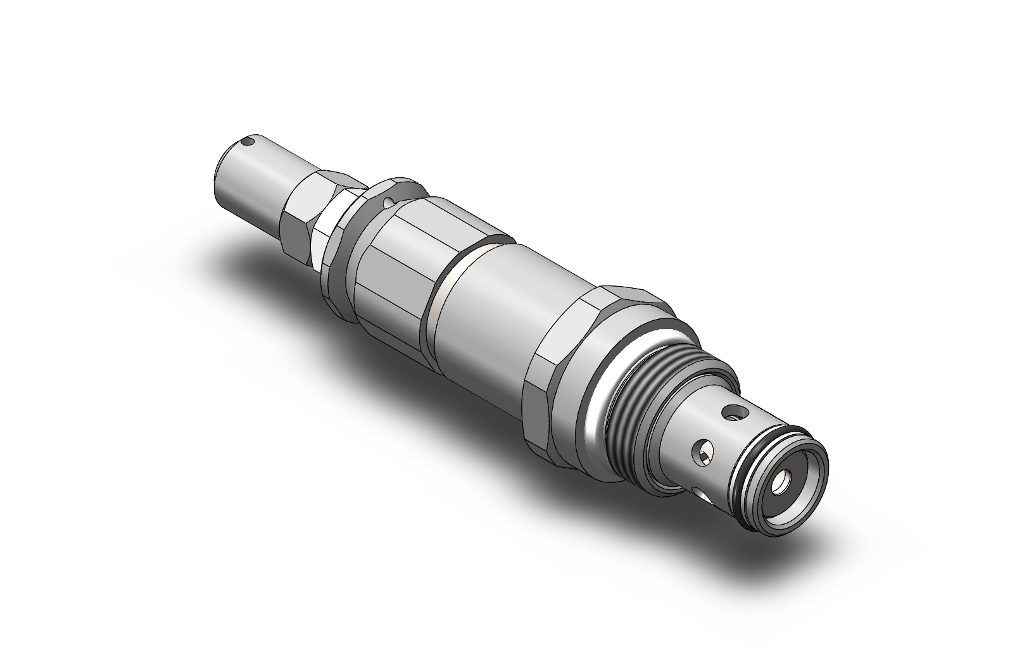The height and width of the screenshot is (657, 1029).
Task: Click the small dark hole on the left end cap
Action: click(x=251, y=142)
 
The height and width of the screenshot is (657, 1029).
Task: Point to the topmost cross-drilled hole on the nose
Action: click(x=734, y=413)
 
